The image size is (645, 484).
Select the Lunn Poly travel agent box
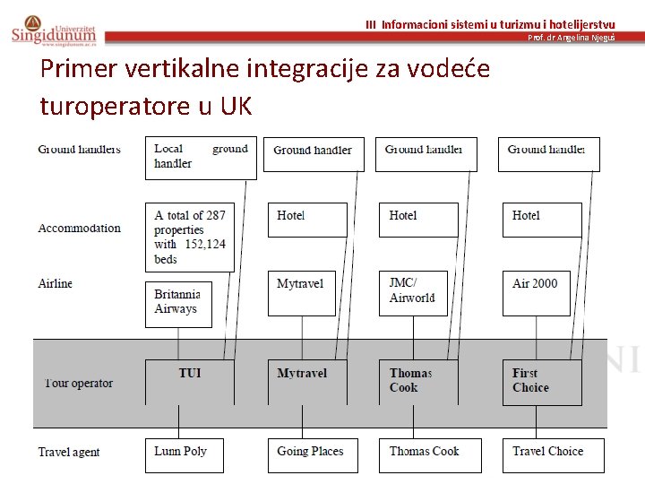click(184, 454)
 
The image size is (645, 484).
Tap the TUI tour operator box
click(189, 382)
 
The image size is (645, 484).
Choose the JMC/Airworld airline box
click(417, 292)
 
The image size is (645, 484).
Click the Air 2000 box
click(536, 292)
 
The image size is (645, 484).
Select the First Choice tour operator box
click(541, 382)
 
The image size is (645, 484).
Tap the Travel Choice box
click(553, 454)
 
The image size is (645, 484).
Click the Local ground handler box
click(201, 158)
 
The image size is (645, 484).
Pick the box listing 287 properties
click(189, 237)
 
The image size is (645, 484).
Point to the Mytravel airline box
click(301, 292)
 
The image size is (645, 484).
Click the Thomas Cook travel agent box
click(429, 454)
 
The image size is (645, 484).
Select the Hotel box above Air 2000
click(541, 220)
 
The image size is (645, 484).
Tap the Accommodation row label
click(79, 229)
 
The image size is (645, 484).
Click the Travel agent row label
click(69, 453)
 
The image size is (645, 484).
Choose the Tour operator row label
click(79, 384)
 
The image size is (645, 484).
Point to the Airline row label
click(56, 284)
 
